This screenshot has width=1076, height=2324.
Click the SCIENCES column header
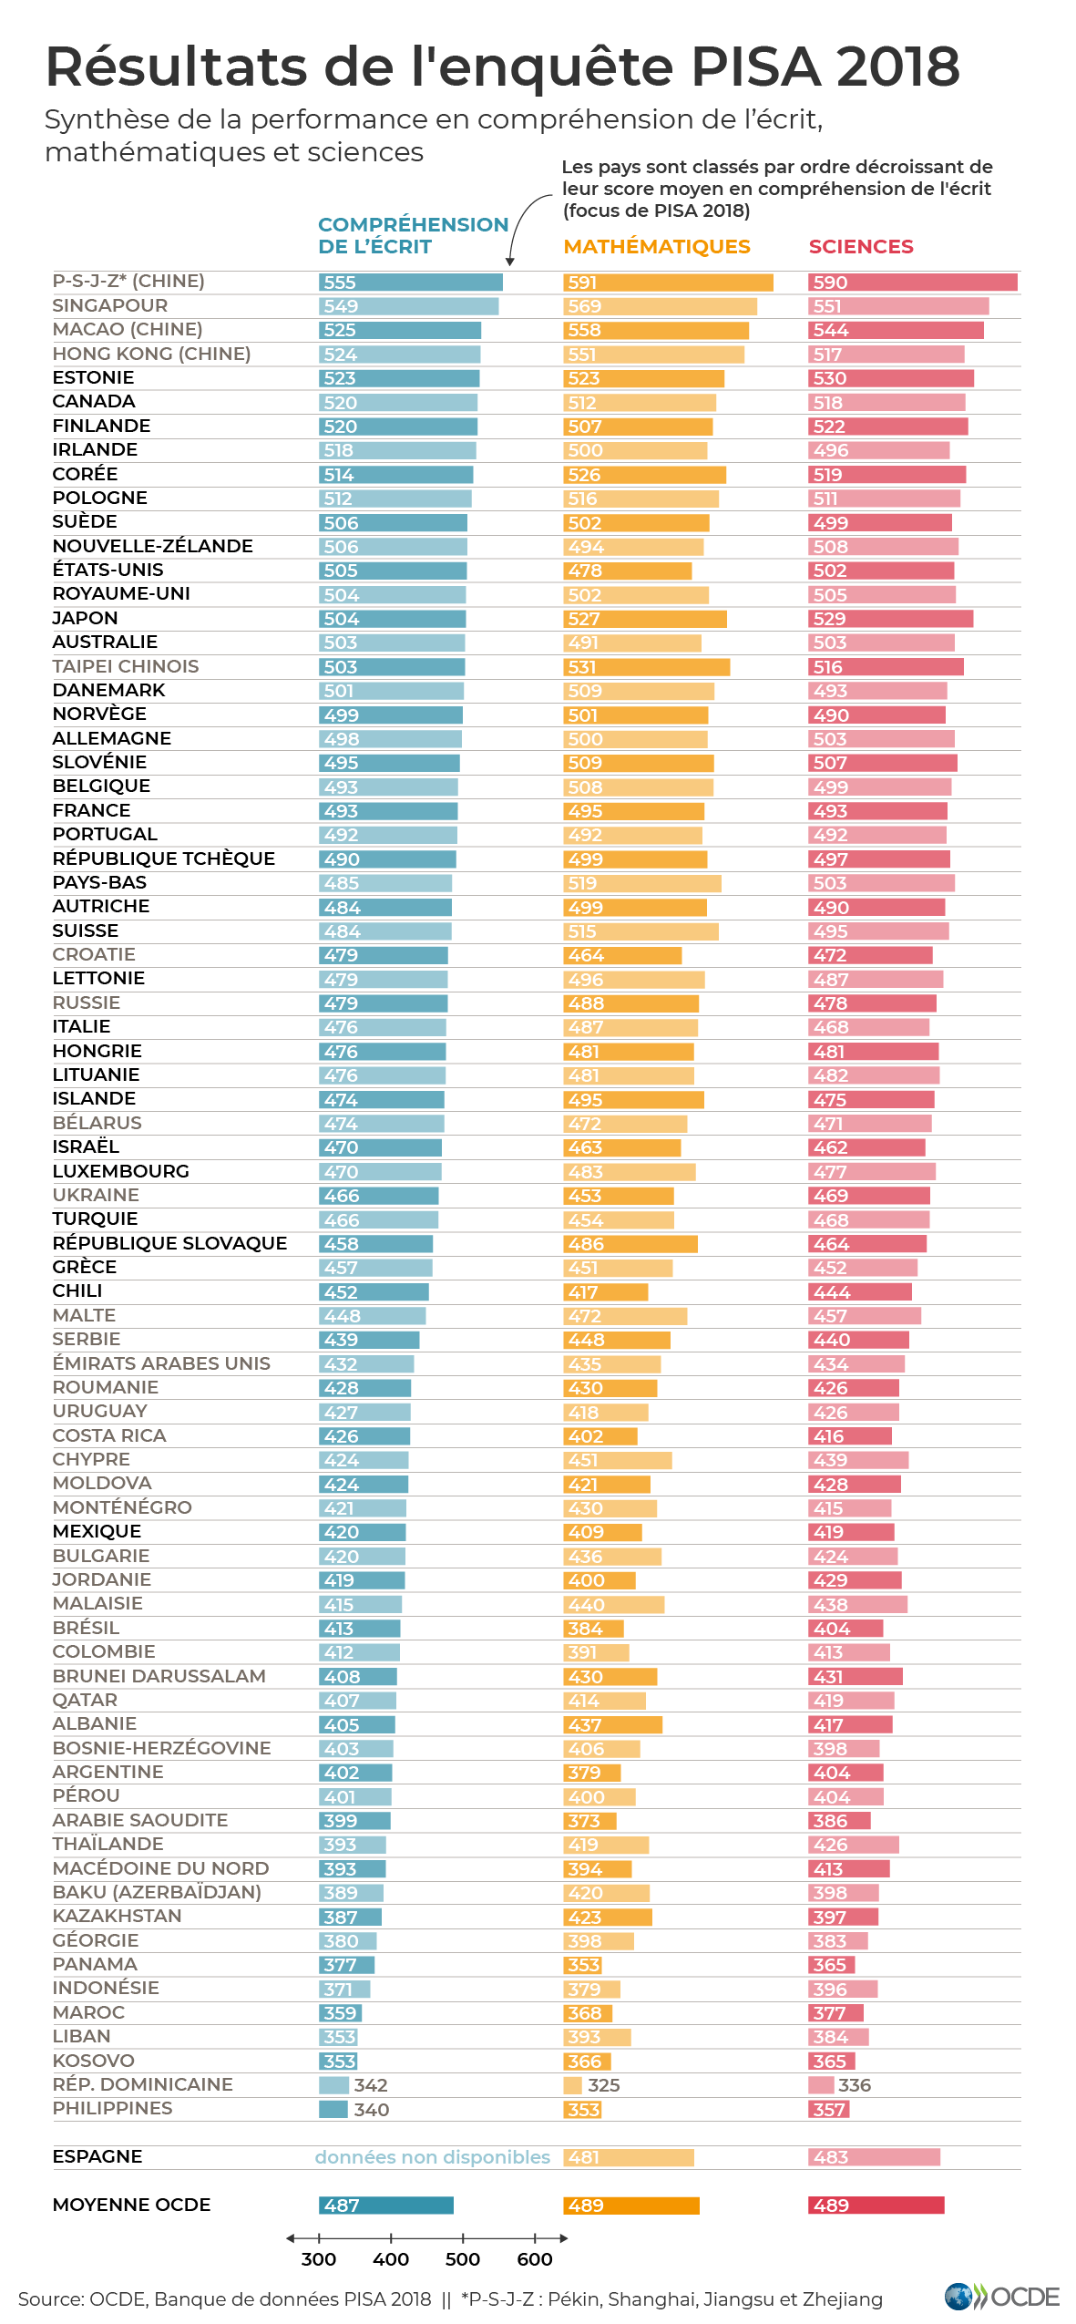[860, 247]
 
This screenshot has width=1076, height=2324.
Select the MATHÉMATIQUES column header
[656, 247]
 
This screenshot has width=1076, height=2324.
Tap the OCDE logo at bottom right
[1001, 2297]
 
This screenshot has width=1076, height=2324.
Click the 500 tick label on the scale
[462, 2259]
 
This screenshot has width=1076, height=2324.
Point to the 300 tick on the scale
[319, 2238]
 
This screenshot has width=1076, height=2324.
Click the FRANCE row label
[91, 810]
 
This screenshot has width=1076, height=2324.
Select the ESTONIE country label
[93, 377]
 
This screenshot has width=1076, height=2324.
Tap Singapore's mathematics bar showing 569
[660, 306]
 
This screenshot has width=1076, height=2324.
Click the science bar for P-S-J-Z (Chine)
[912, 283]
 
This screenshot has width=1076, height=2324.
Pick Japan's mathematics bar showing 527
[644, 619]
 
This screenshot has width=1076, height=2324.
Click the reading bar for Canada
[397, 402]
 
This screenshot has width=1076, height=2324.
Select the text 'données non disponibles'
[432, 2157]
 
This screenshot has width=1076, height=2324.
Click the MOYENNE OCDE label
[131, 2205]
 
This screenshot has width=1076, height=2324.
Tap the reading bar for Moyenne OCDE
[385, 2206]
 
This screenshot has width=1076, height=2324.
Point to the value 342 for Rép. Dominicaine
[371, 2085]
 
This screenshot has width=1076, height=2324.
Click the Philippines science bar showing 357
[828, 2109]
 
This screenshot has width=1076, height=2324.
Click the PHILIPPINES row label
[112, 2108]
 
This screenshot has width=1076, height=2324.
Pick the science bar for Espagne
[874, 2157]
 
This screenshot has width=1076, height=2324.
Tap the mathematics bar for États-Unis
[627, 571]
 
